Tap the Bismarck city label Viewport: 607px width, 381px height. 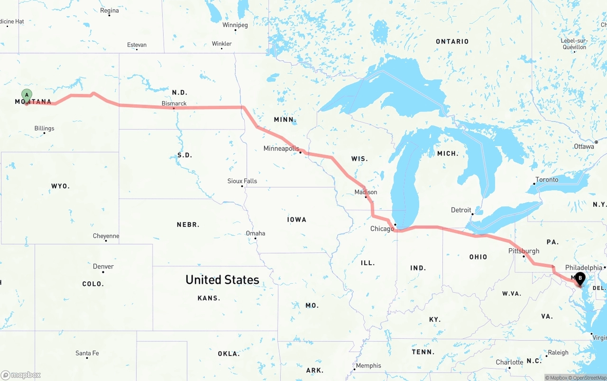pyautogui.click(x=174, y=103)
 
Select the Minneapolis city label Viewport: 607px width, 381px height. pyautogui.click(x=282, y=149)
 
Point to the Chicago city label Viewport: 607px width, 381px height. pyautogui.click(x=382, y=229)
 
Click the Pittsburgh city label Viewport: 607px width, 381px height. pyautogui.click(x=524, y=251)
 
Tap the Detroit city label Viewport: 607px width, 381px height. pyautogui.click(x=461, y=210)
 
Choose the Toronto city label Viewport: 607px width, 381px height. pyautogui.click(x=547, y=180)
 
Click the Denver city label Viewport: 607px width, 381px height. pyautogui.click(x=103, y=266)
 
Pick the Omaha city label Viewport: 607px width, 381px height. pyautogui.click(x=256, y=233)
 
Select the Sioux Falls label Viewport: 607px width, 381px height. pyautogui.click(x=242, y=181)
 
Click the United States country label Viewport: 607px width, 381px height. pyautogui.click(x=222, y=279)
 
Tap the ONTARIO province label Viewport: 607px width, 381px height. pyautogui.click(x=452, y=42)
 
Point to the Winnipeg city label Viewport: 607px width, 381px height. pyautogui.click(x=235, y=25)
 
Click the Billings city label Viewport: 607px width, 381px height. pyautogui.click(x=45, y=128)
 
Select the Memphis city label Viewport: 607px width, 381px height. pyautogui.click(x=368, y=365)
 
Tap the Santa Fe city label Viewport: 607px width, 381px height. pyautogui.click(x=87, y=353)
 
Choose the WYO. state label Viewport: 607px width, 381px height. pyautogui.click(x=60, y=186)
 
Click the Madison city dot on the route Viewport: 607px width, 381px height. pyautogui.click(x=366, y=197)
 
